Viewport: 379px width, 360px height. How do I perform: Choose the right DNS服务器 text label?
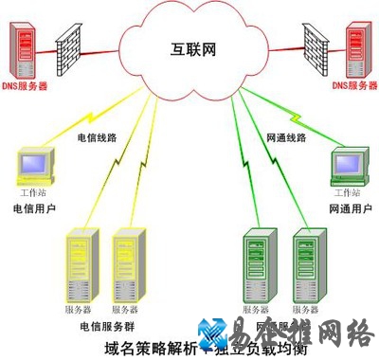[x=354, y=86]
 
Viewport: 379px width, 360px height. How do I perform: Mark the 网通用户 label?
[x=347, y=207]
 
